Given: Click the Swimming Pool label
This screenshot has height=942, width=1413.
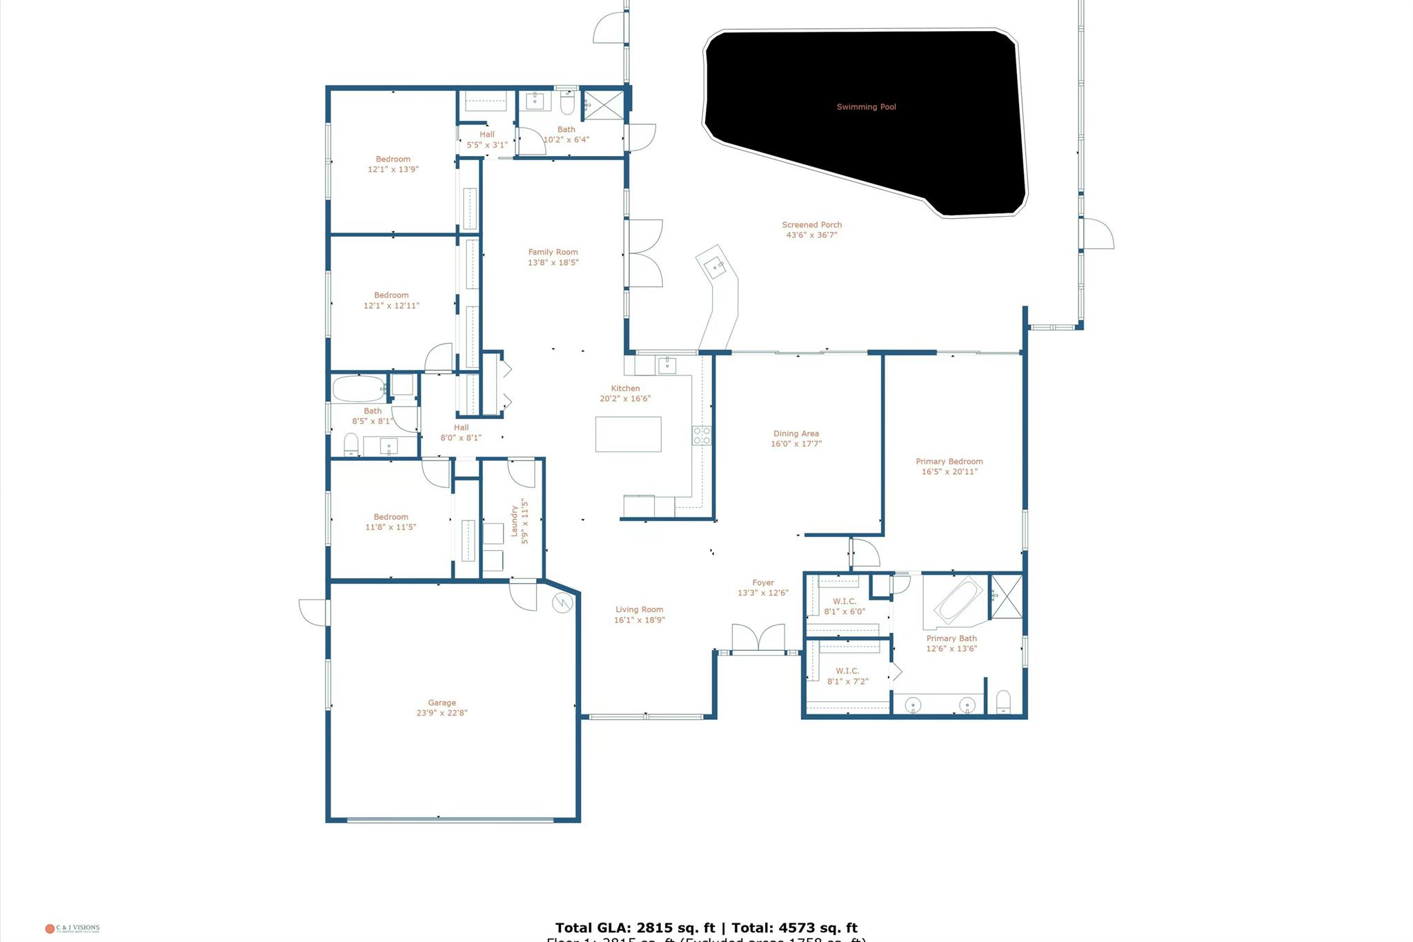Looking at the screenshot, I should (866, 107).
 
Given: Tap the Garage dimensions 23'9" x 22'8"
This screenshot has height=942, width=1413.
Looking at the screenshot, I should (442, 713).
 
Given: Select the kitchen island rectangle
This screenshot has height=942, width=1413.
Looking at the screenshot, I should (628, 434).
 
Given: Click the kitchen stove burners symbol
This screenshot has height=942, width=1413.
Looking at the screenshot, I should (702, 435).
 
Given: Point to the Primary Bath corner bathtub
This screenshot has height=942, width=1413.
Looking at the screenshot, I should (958, 600).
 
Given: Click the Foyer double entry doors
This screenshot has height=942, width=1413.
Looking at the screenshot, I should (758, 638).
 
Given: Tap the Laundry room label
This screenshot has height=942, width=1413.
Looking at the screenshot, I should (514, 520).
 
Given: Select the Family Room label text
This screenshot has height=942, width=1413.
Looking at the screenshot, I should (553, 252).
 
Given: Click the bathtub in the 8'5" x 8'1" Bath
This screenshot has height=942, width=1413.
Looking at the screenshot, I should (359, 389).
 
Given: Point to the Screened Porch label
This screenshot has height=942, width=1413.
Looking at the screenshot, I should (811, 225).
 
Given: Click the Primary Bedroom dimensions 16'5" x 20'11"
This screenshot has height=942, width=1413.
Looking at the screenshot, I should (949, 472).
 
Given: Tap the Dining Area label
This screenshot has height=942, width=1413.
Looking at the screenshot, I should (796, 434).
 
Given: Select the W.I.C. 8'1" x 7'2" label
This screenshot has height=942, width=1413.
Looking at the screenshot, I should (847, 676).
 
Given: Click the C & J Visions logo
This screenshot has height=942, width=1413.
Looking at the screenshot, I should (72, 928).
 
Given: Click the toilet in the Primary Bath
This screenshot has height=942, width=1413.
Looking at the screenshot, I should (1003, 702).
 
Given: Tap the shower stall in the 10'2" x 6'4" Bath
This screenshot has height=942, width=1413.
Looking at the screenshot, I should (604, 105).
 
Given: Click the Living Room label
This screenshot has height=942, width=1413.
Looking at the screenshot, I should (639, 609).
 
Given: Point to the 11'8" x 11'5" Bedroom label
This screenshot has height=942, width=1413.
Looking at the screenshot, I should (391, 522).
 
